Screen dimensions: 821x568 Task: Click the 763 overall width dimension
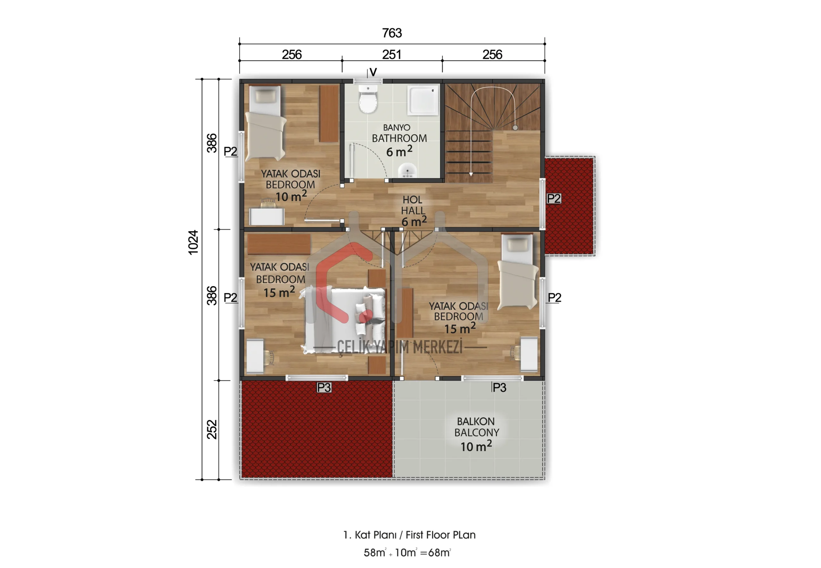click(392, 33)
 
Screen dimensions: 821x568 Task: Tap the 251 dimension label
click(392, 55)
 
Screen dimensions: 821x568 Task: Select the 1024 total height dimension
click(193, 242)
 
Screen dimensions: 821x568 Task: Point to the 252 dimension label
click(212, 429)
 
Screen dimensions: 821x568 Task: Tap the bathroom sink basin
click(407, 171)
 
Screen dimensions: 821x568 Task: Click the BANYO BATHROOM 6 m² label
click(399, 140)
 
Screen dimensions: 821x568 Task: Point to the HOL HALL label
click(413, 205)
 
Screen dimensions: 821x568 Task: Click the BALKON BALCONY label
click(477, 427)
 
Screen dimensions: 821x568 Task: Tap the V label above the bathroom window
click(373, 72)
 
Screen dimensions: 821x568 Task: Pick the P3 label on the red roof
click(324, 388)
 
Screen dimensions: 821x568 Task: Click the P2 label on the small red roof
click(554, 199)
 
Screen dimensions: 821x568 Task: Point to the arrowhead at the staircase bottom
click(471, 174)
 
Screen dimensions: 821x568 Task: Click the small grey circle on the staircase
click(515, 127)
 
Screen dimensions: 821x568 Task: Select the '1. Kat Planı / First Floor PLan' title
click(410, 535)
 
